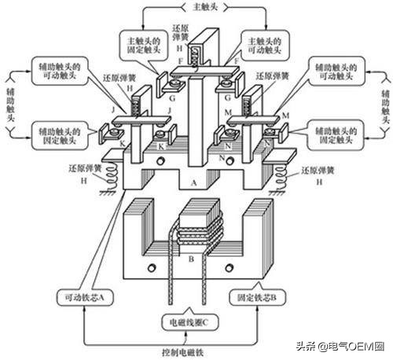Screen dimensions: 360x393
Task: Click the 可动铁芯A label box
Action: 84,298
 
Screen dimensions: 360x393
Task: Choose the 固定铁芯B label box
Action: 253,298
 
